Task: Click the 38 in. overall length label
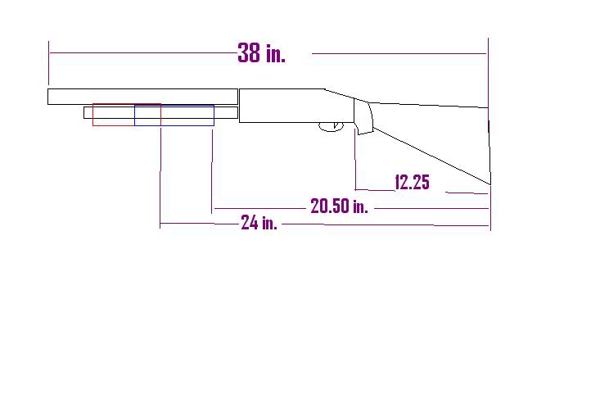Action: click(x=261, y=53)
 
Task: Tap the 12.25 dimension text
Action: click(x=412, y=182)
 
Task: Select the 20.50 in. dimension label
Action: click(x=339, y=206)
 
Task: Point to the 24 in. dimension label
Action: click(x=259, y=223)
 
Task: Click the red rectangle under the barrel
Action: click(x=93, y=115)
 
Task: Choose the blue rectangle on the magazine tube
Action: click(x=135, y=115)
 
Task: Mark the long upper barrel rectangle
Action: click(x=142, y=97)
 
